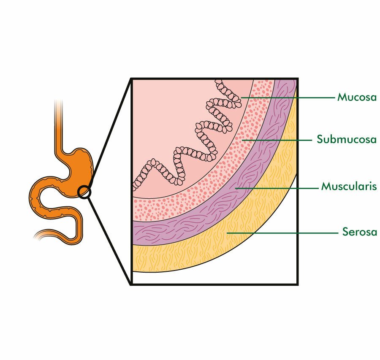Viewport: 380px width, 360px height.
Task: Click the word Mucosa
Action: tap(357, 97)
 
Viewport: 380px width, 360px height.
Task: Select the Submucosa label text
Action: tap(347, 139)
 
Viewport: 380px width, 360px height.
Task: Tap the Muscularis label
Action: tap(349, 186)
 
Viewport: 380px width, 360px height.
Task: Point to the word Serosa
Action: tap(359, 232)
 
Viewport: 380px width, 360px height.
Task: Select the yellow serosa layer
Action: tap(211, 249)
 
